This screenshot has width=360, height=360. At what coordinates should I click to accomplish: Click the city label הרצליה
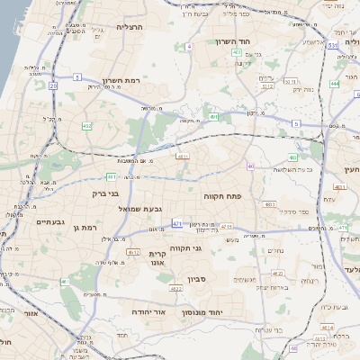pos(130,28)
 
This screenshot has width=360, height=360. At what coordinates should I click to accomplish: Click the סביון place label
pos(199,267)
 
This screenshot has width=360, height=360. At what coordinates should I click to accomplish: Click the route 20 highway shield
pos(53,85)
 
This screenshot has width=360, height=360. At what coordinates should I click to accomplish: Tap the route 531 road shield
pos(333,44)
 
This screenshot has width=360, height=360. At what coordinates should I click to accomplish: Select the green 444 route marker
pos(334,84)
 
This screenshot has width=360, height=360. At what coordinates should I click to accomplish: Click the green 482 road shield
pos(87,125)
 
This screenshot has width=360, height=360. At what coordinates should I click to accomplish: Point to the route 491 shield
pos(212,117)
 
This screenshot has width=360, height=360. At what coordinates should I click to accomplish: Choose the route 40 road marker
pos(250,166)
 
